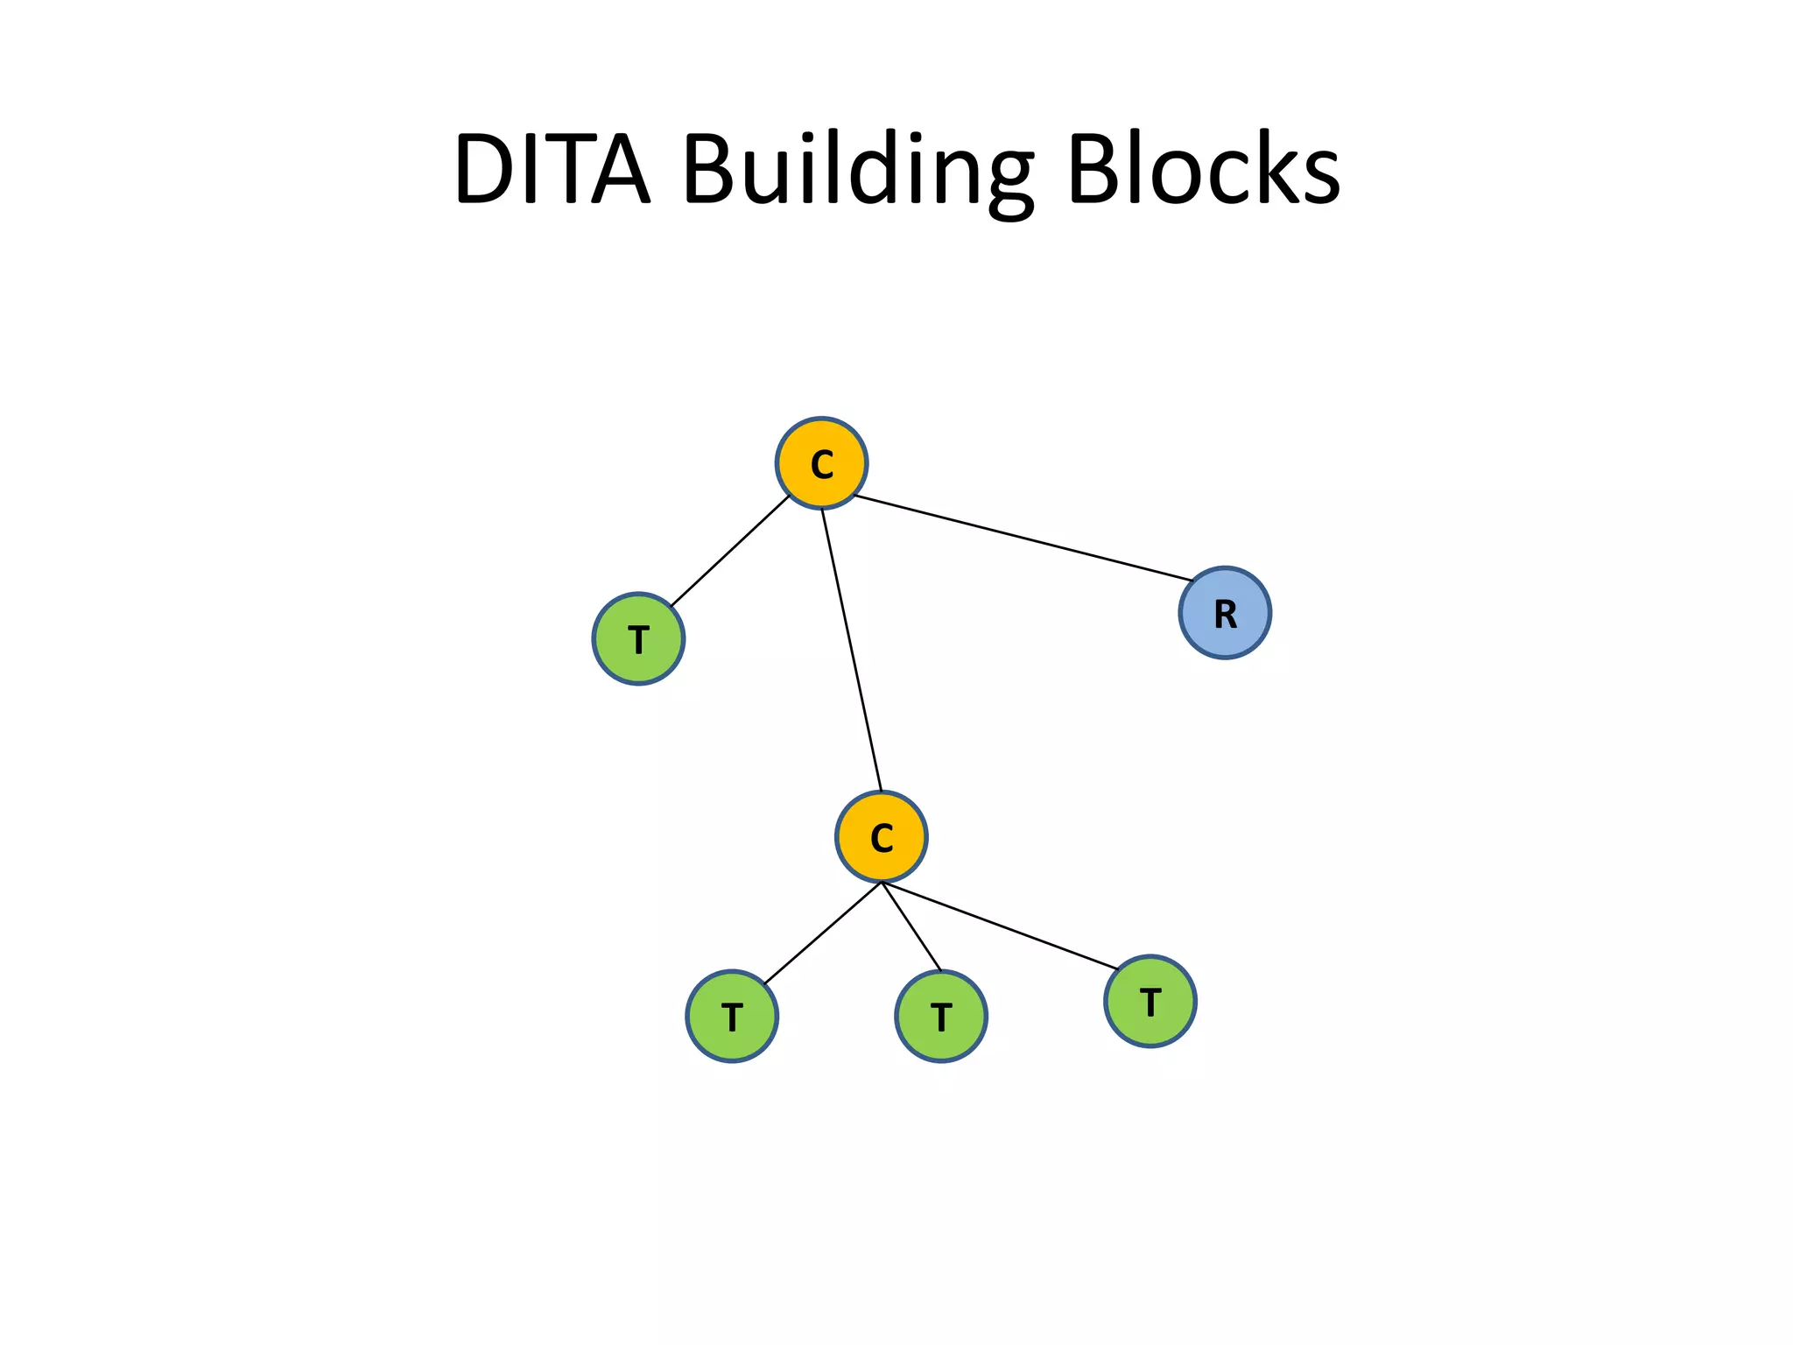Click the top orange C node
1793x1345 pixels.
pos(821,463)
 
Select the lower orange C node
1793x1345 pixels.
pos(881,837)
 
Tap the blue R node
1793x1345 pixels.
pos(1225,613)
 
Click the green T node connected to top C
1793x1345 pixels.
pos(638,639)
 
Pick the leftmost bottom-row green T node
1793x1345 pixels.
pos(732,1017)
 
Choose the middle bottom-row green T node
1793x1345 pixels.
pos(941,1017)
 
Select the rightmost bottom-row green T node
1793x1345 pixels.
pos(1150,1002)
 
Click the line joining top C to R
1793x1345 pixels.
pos(1023,538)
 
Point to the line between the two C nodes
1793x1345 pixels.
pos(851,650)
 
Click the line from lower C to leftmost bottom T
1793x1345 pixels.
pos(822,933)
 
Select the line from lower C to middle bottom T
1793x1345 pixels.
pos(911,927)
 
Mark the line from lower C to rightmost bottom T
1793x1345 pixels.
pos(1000,926)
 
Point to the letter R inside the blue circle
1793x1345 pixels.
pos(1225,615)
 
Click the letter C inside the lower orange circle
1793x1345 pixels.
pos(881,839)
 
